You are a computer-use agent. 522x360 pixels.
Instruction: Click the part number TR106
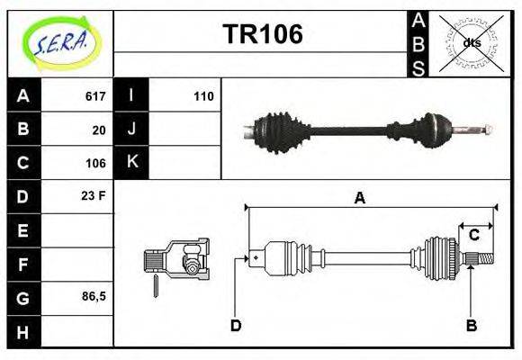[263, 34]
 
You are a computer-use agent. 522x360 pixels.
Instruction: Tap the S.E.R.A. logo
[60, 43]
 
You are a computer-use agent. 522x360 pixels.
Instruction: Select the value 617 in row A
[95, 96]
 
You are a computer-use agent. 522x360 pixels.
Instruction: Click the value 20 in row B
[99, 130]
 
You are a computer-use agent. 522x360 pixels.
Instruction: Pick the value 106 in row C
[95, 163]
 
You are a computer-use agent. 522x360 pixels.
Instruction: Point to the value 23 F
[94, 196]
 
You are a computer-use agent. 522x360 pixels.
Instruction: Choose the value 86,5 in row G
[94, 296]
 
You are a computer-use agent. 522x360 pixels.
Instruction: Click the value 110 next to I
[203, 96]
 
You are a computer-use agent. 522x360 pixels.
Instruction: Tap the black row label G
[23, 298]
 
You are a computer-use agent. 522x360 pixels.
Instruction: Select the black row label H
[23, 332]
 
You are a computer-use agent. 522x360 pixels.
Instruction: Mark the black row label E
[23, 230]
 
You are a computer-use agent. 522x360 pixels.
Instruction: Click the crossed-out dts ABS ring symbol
[472, 43]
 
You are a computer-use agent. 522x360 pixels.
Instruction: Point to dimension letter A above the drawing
[359, 198]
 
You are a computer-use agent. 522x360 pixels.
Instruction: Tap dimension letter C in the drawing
[473, 235]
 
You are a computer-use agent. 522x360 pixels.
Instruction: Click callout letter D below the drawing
[236, 326]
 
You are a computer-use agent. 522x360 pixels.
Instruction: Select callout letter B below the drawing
[472, 326]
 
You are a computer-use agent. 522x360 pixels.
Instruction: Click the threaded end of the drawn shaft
[485, 257]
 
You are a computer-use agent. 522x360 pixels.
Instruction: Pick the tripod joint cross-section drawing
[176, 259]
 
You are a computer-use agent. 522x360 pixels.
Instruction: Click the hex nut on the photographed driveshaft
[488, 130]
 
